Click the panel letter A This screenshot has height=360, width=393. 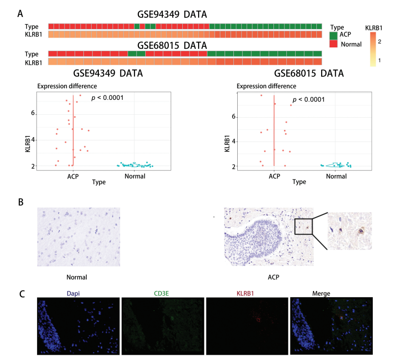20,14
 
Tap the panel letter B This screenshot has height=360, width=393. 21,202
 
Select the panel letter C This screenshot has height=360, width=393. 22,294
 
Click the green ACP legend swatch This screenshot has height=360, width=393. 333,35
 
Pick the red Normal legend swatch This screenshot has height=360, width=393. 333,43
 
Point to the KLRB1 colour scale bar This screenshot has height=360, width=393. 373,49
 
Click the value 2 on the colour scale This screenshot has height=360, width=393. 379,42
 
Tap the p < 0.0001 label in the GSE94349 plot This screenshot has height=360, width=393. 107,97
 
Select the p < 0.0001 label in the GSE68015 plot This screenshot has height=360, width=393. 309,99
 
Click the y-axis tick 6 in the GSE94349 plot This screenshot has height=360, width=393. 33,113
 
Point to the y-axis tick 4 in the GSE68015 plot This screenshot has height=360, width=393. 234,141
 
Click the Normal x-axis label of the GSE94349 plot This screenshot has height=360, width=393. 135,176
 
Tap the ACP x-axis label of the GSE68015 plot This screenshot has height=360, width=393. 274,176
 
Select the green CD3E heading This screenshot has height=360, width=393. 161,293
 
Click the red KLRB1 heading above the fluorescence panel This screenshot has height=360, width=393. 245,293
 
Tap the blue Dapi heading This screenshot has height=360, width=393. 73,293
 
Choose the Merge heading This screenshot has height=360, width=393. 321,293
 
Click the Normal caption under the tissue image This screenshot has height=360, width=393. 77,277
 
